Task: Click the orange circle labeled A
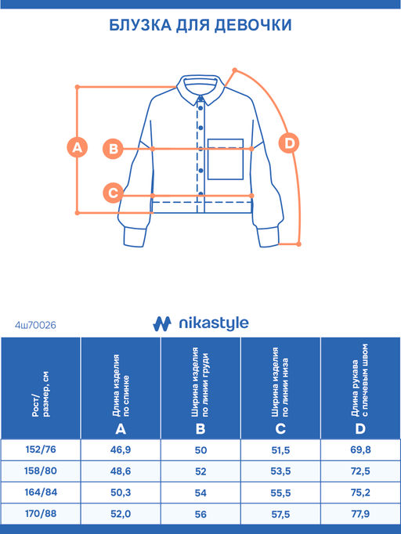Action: point(78,147)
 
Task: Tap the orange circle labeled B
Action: point(113,149)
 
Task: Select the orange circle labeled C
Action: point(113,193)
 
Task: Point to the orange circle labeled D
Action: point(289,143)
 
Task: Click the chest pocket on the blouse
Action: point(226,159)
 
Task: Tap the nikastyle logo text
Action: point(214,323)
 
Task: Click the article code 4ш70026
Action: point(35,325)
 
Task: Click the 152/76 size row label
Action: point(41,449)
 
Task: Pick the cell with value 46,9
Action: point(121,450)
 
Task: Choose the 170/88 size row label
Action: point(41,514)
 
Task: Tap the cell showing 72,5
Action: point(360,471)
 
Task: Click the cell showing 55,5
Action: point(280,493)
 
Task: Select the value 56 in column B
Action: point(200,514)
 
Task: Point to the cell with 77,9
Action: point(360,514)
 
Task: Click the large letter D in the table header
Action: point(360,429)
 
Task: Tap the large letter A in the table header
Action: point(121,429)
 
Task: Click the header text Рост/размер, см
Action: point(41,395)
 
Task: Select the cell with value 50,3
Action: point(121,493)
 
